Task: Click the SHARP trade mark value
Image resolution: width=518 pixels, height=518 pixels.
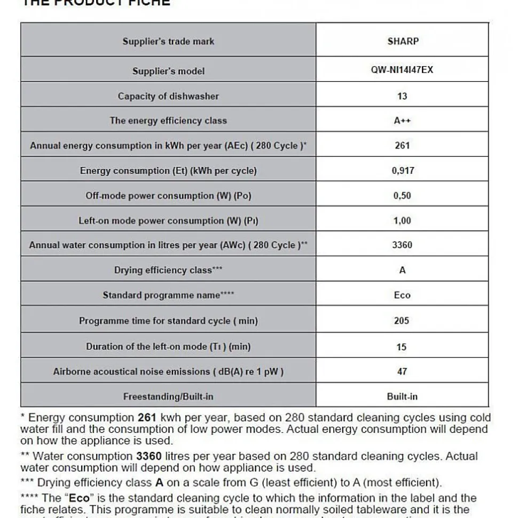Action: tap(403, 41)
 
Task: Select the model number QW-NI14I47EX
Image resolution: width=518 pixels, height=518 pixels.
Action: tap(402, 70)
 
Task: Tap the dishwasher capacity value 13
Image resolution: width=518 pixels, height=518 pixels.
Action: tap(402, 96)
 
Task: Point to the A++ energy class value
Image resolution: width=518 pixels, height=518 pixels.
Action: tap(402, 121)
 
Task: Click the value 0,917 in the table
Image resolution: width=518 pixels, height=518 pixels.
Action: tap(402, 171)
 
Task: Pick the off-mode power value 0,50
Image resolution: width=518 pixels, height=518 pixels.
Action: tap(402, 196)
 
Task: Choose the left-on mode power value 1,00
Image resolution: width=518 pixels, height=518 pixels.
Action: tap(402, 220)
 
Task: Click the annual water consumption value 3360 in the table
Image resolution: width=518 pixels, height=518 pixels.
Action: tap(402, 245)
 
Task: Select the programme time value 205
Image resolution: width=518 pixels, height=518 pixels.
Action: tap(402, 321)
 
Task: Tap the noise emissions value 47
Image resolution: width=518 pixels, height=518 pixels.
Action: tap(402, 371)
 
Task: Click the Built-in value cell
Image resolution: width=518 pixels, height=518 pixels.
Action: tap(402, 396)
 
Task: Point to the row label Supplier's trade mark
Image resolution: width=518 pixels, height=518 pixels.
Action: tap(168, 41)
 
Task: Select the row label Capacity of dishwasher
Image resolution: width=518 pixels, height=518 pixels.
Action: tap(168, 96)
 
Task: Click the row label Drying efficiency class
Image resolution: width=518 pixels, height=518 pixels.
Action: tap(168, 270)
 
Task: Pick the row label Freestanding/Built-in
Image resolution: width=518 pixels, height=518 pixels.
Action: tap(168, 396)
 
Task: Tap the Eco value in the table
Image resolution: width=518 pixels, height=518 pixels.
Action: tap(402, 295)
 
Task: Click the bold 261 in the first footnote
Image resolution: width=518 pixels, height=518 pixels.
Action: tap(147, 418)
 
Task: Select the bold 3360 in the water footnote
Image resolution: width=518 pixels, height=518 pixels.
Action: tap(148, 456)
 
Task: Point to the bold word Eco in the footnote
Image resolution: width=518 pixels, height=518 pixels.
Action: tap(79, 498)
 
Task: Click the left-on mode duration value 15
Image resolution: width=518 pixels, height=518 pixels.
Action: tap(402, 347)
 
